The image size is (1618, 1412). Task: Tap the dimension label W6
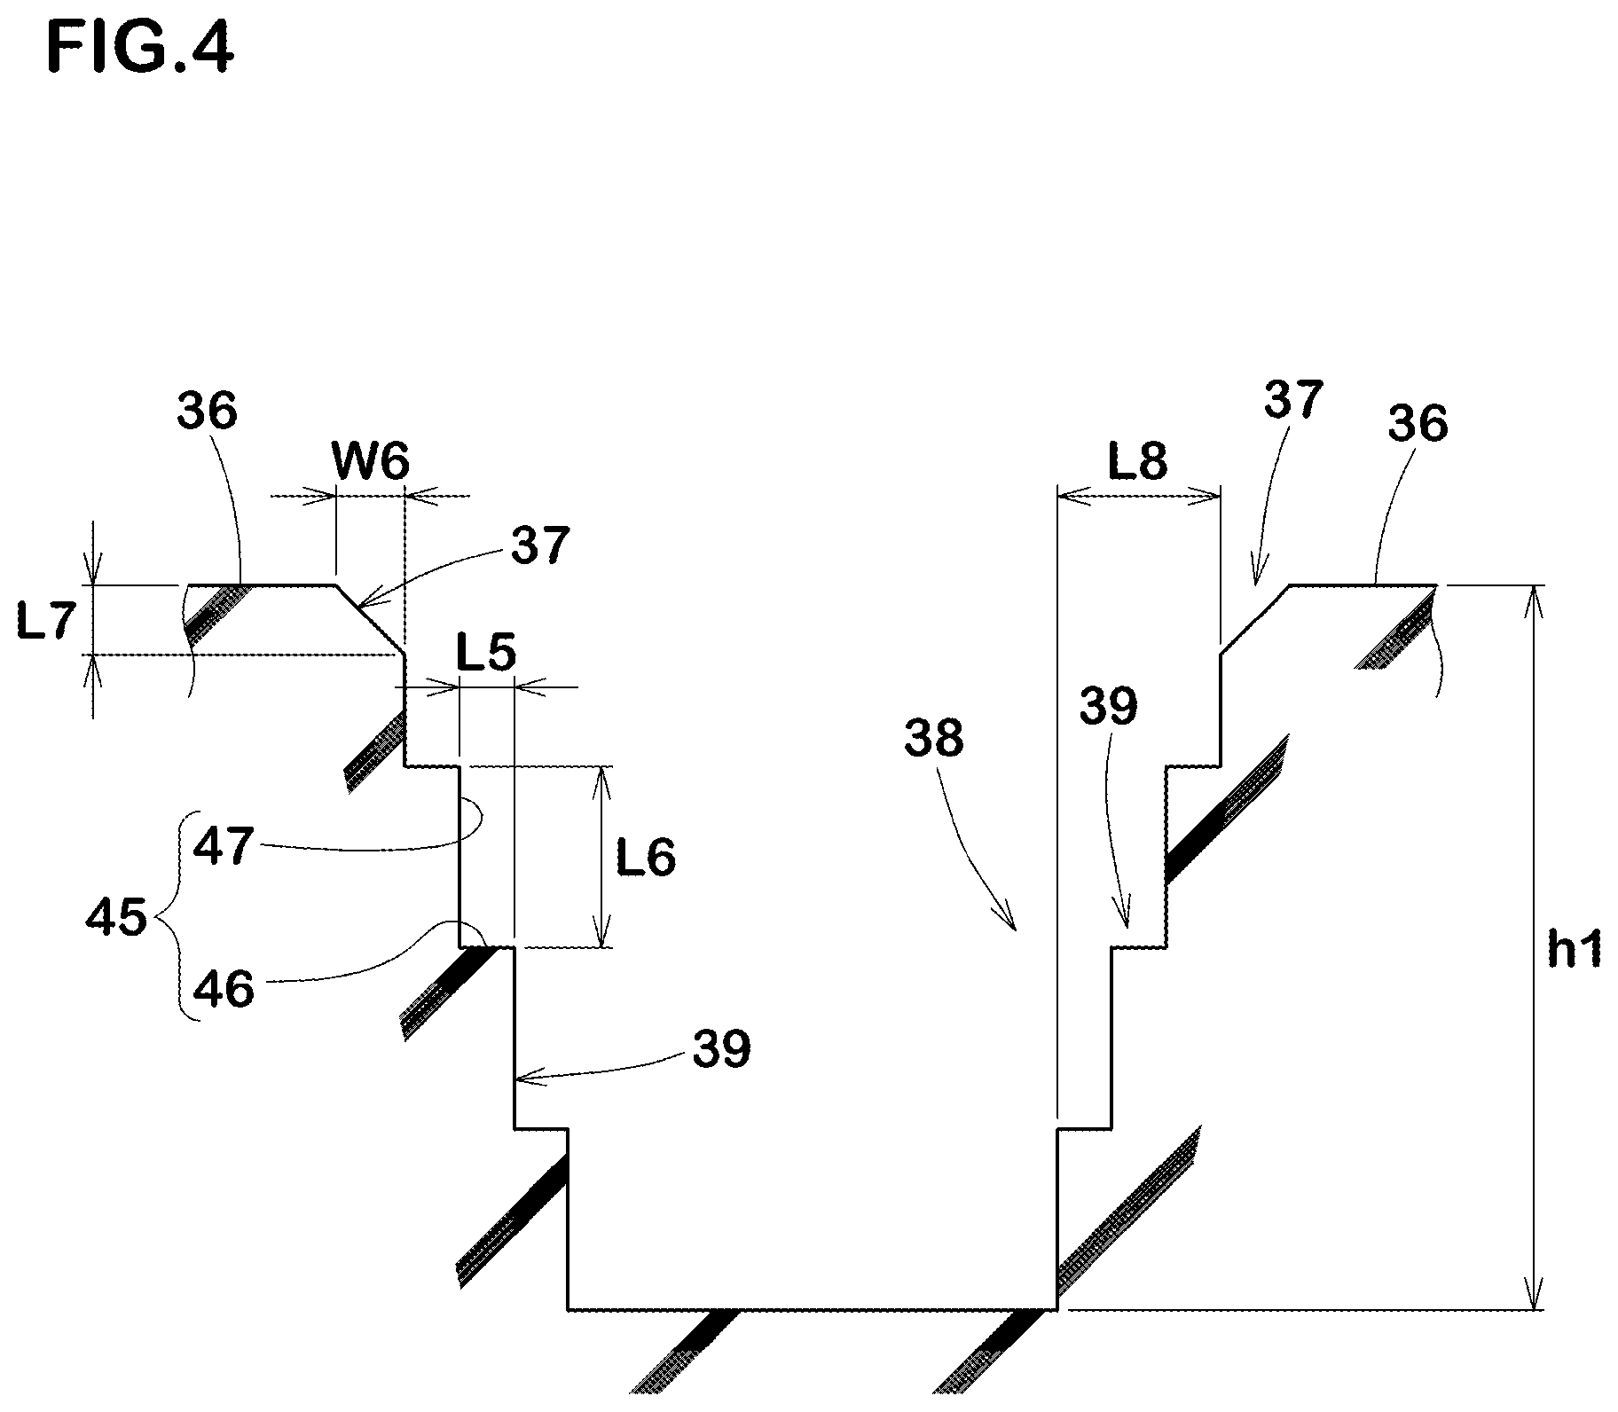(x=372, y=462)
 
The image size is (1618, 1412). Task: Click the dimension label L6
(x=647, y=858)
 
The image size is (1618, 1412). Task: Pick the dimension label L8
(x=1138, y=462)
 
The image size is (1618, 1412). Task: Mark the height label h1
(x=1575, y=951)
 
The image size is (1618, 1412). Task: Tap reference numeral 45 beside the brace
(x=116, y=918)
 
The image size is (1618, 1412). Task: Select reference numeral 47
(x=224, y=845)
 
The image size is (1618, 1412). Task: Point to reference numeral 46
(x=224, y=989)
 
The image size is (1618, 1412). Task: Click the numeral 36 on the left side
(x=208, y=412)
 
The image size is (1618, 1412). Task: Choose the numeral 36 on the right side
(x=1418, y=423)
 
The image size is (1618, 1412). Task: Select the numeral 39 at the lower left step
(x=721, y=1049)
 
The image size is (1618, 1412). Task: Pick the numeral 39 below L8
(x=1109, y=707)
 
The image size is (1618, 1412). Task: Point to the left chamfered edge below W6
(x=371, y=620)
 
